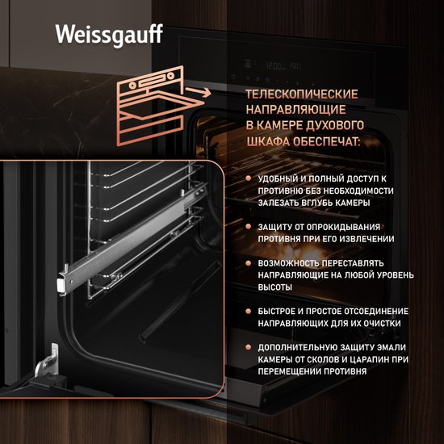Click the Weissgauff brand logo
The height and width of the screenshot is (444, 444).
[109, 35]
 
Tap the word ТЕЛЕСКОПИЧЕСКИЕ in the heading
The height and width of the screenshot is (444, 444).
[302, 94]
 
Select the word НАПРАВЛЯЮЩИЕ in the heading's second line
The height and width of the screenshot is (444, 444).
[295, 110]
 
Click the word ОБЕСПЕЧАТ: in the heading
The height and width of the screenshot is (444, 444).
[326, 141]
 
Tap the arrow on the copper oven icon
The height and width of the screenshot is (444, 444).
[199, 92]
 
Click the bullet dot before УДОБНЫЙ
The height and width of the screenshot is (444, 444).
[249, 178]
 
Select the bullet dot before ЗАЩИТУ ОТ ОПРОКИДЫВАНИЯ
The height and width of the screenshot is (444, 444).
[249, 227]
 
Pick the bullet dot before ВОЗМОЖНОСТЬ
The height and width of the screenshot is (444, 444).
[249, 263]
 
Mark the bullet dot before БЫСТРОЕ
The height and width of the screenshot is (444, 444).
[249, 311]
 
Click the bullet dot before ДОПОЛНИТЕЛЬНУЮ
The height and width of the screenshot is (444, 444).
[249, 347]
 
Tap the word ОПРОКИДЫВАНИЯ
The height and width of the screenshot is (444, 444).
[343, 227]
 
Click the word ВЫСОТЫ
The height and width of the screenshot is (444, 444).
[274, 287]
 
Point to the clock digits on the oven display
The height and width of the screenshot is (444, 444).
[274, 66]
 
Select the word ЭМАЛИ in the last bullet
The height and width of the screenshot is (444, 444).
[391, 347]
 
